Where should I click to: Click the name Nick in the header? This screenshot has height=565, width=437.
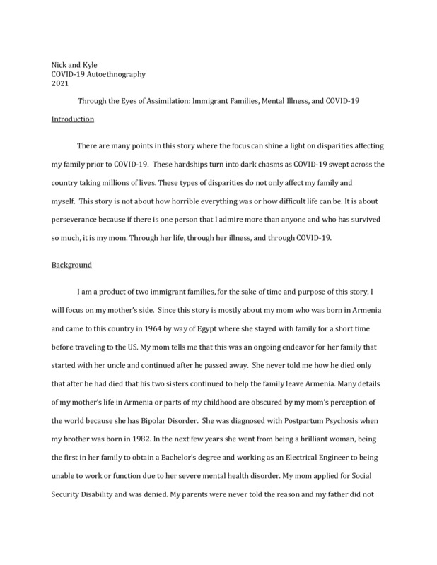60,65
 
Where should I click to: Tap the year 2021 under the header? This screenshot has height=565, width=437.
59,83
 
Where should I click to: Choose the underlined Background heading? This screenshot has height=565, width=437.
71,266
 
